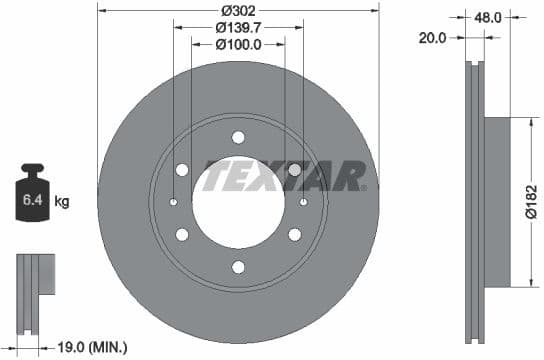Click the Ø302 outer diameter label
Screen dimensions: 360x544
coord(238,10)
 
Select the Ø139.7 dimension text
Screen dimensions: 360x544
coord(238,28)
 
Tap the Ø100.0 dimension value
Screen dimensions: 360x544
coord(238,44)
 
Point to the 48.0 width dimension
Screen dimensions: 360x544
coord(488,17)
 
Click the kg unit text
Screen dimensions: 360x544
coord(62,202)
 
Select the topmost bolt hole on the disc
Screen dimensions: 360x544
coord(238,137)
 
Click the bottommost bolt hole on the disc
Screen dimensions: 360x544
coord(238,267)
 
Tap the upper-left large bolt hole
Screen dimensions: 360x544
coord(182,170)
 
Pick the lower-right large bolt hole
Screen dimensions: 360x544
coord(294,235)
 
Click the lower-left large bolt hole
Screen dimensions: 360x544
coord(182,235)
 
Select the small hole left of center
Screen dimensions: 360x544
coord(173,203)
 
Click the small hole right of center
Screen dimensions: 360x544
coord(303,203)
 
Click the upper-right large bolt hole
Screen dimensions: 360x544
coord(294,170)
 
